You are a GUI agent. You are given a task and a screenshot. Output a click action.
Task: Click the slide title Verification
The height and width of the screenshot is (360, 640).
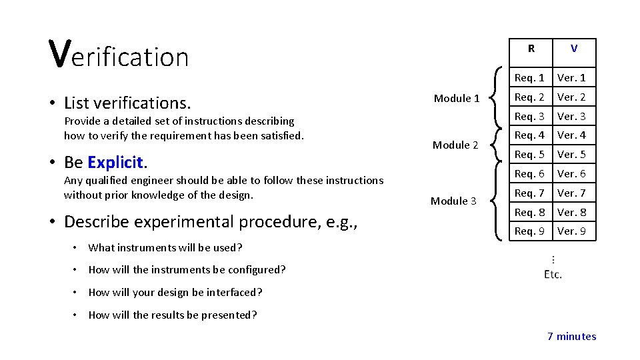[x=119, y=55]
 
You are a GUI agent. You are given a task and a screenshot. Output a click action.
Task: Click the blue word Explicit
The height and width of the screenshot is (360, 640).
[x=115, y=162]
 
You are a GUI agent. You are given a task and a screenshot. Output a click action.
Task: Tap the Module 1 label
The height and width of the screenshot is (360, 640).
[x=457, y=98]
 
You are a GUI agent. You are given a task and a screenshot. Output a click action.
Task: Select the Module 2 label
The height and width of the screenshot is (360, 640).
[x=455, y=145]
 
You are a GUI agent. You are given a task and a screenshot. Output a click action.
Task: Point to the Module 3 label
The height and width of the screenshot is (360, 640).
[x=453, y=201]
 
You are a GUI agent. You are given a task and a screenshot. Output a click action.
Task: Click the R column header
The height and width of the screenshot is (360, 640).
[x=531, y=49]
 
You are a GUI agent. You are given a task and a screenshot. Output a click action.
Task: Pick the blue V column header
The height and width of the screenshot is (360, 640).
[x=574, y=49]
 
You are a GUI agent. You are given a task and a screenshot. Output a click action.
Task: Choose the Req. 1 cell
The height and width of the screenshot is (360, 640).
[x=529, y=78]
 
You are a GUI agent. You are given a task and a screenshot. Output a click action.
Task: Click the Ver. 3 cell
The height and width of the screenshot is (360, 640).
[x=571, y=117]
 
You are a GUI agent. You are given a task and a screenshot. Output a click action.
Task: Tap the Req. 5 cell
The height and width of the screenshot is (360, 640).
[x=529, y=155]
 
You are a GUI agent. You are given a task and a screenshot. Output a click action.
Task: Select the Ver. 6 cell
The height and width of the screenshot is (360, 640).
[x=571, y=174]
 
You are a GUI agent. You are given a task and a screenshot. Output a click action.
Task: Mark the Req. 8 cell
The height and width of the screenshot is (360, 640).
[x=529, y=213]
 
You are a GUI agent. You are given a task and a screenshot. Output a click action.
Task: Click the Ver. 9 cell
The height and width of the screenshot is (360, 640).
[x=571, y=231]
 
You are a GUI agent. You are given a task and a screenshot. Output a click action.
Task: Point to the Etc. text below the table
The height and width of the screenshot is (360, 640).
[x=553, y=274]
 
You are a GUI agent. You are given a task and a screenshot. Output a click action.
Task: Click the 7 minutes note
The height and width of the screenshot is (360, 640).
[x=571, y=336]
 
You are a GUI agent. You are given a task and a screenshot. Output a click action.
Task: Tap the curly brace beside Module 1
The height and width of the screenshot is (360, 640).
[x=496, y=98]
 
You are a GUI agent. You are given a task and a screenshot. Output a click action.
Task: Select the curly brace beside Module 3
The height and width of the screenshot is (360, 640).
[x=496, y=201]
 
